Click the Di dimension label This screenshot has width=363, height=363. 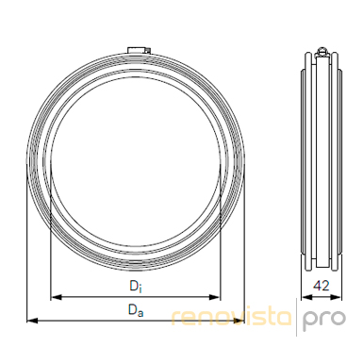(x=136, y=287)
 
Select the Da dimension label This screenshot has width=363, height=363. (x=136, y=310)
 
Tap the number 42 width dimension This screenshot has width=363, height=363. (x=322, y=286)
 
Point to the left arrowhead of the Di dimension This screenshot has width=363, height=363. (x=56, y=297)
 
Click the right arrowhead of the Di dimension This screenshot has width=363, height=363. (x=215, y=297)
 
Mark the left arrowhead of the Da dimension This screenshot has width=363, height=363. (x=32, y=321)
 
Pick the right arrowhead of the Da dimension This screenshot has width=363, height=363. (x=239, y=321)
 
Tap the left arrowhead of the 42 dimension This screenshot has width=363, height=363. (x=306, y=297)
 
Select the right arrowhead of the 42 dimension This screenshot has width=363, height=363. (x=337, y=297)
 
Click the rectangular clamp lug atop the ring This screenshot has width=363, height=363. (x=137, y=50)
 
